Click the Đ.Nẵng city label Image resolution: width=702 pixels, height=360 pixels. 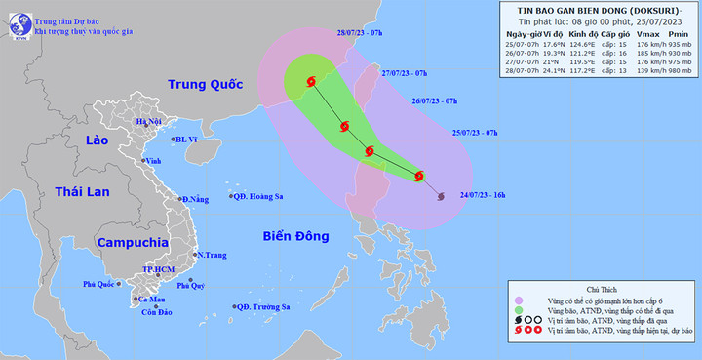(195, 200)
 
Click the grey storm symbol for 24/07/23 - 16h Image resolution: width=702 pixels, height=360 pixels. (442, 197)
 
